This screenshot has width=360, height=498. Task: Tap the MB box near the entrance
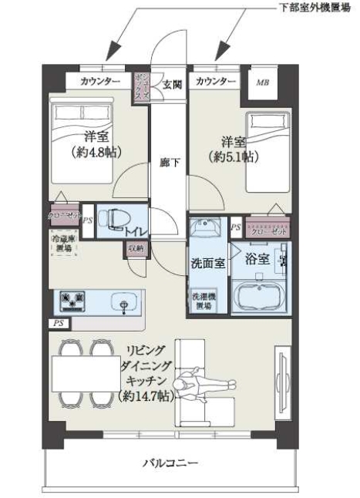[x=263, y=81]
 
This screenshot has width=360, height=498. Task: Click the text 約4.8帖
[x=90, y=151]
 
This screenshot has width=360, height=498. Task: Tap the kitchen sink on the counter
[x=123, y=301]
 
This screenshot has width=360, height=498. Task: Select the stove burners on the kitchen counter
[x=70, y=299]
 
